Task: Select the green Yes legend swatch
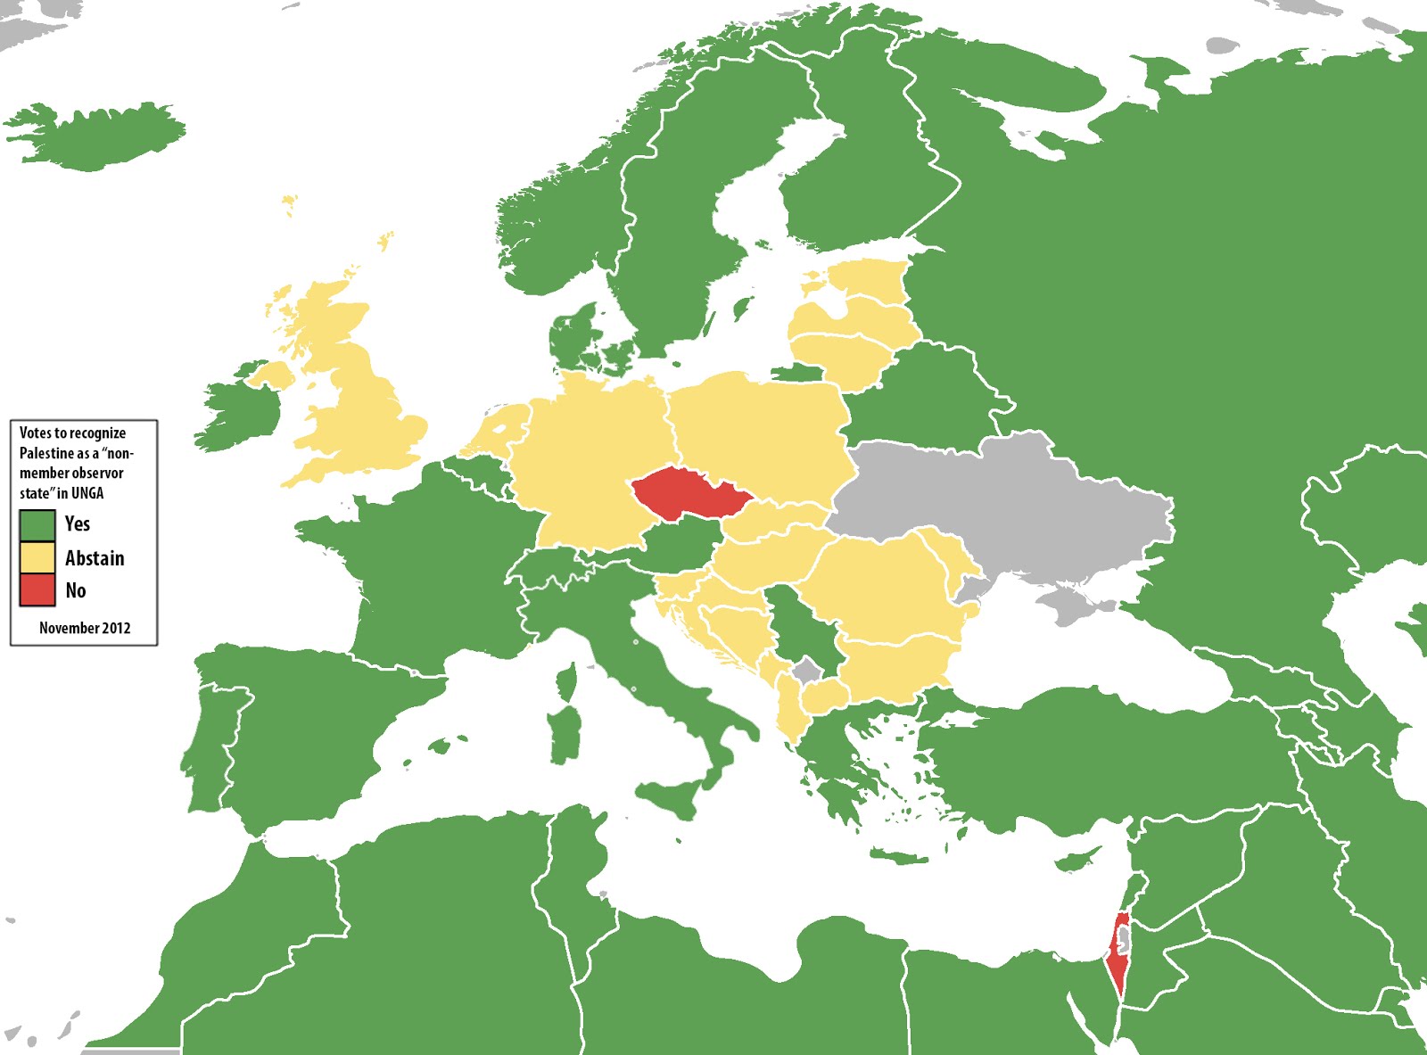coord(37,524)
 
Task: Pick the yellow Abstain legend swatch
coord(37,557)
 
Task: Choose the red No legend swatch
coord(37,589)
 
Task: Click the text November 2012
coord(85,628)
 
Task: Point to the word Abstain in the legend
coord(95,558)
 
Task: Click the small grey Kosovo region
coord(808,671)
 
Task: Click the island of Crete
coord(901,858)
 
